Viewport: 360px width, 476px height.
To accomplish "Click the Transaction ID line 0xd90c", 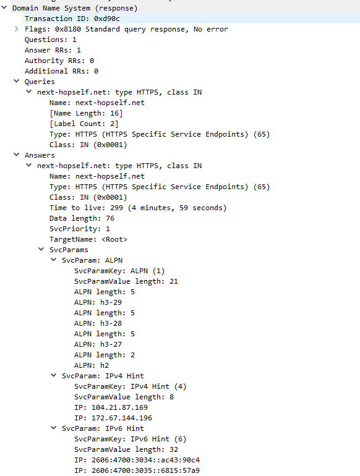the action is (x=72, y=19).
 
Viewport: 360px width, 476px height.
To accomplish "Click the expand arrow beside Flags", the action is (x=17, y=29).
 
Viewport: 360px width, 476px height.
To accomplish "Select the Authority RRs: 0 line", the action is (x=59, y=61).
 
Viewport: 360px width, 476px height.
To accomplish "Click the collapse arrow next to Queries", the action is (x=17, y=81).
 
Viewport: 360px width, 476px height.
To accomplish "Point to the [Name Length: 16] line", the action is (x=86, y=113).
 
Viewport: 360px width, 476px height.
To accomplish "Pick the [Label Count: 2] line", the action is (x=84, y=124).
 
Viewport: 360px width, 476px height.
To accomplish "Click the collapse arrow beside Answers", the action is (x=17, y=155).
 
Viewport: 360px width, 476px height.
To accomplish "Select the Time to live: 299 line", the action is (x=138, y=208).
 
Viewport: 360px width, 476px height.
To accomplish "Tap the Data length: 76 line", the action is (x=82, y=218).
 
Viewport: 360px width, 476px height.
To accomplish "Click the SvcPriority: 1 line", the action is (x=80, y=229).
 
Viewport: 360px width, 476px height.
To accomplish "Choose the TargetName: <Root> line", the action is (x=88, y=239).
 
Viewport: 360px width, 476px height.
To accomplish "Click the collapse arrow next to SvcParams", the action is (x=41, y=249).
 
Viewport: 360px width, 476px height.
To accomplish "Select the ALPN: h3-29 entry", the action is (x=98, y=302).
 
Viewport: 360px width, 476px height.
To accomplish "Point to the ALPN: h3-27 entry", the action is (x=98, y=344).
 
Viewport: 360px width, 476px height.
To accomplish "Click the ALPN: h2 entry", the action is (x=92, y=365).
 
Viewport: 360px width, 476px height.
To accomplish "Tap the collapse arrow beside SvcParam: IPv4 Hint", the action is (x=53, y=375).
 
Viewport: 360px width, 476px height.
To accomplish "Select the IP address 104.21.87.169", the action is (x=120, y=407).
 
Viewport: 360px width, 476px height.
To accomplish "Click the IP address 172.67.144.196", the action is (x=122, y=418).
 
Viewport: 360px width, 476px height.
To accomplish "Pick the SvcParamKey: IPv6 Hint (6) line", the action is (x=130, y=440).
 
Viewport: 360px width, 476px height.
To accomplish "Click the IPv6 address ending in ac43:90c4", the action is (x=145, y=460).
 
